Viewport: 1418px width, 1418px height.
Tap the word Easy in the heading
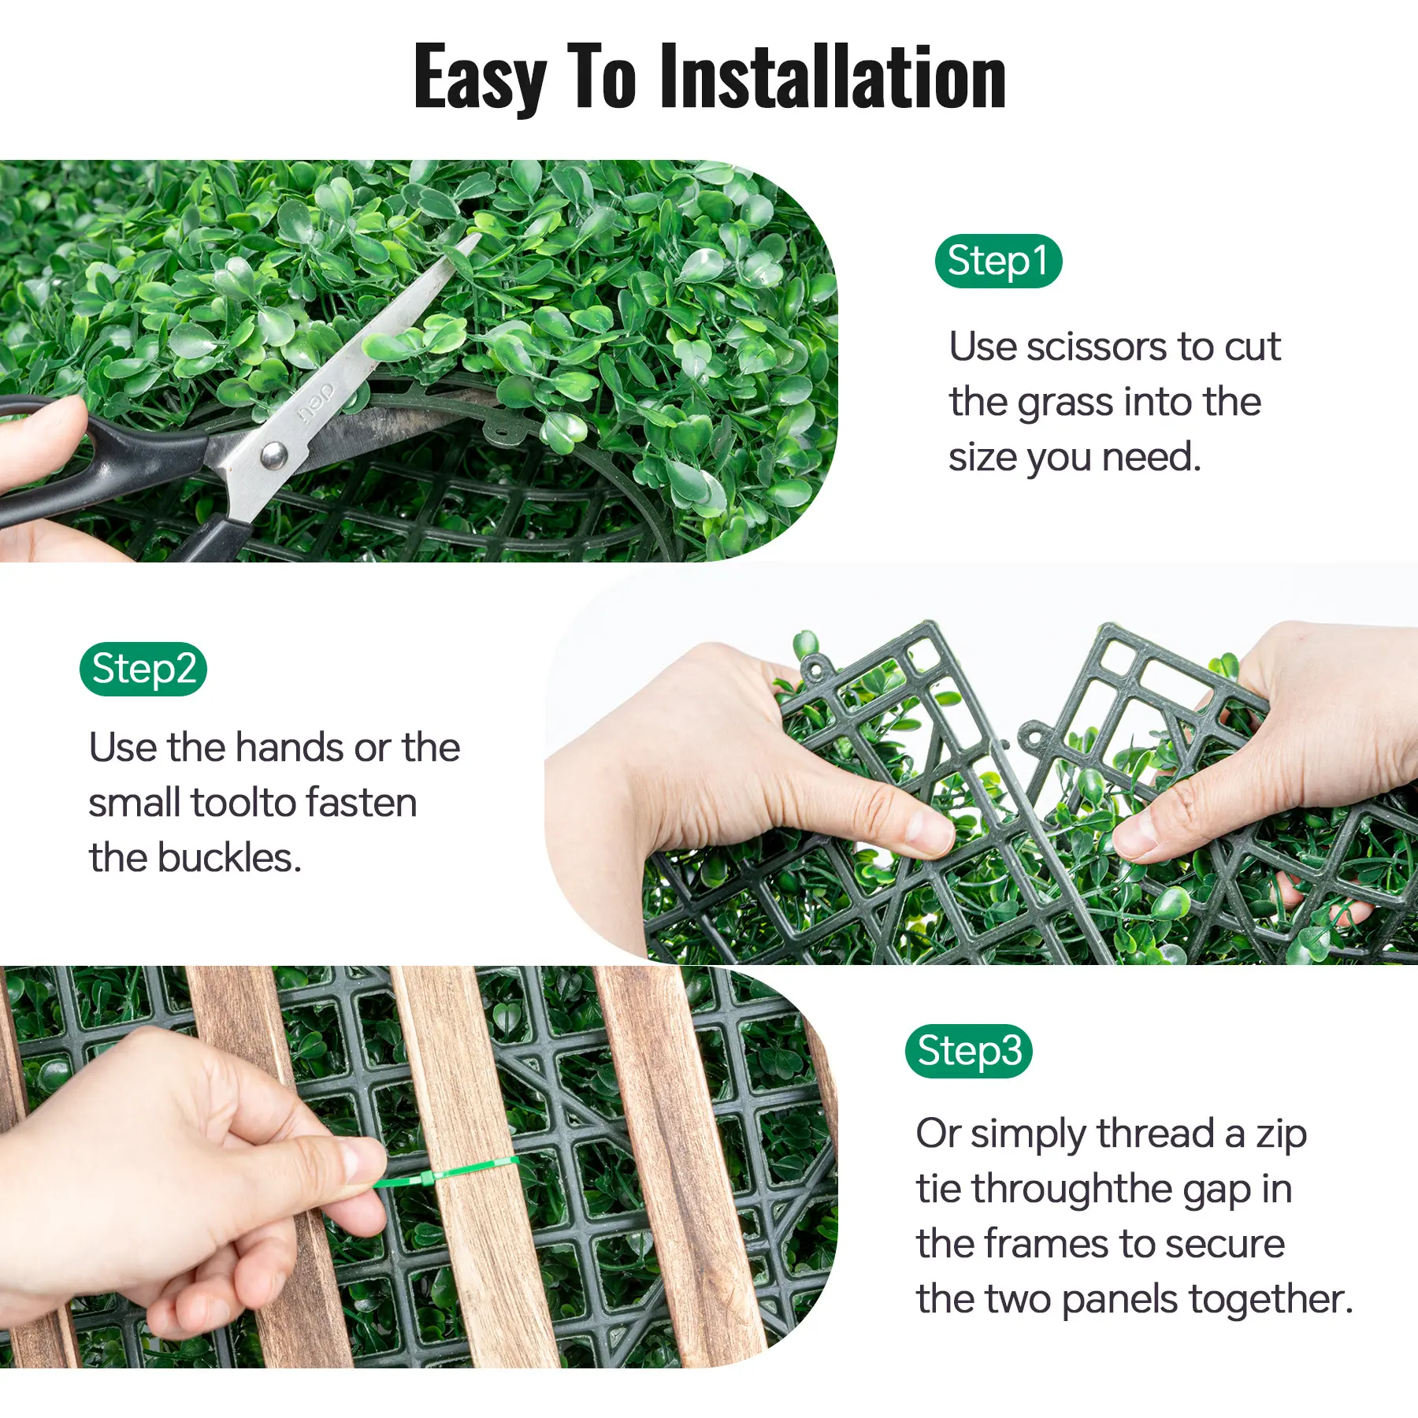tap(480, 79)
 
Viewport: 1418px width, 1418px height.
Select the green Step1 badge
tap(998, 261)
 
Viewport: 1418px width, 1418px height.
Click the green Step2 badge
tap(143, 669)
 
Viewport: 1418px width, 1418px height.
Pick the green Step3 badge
tap(969, 1051)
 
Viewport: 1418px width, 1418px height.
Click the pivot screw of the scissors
tap(273, 455)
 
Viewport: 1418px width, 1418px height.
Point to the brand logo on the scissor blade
tap(317, 403)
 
